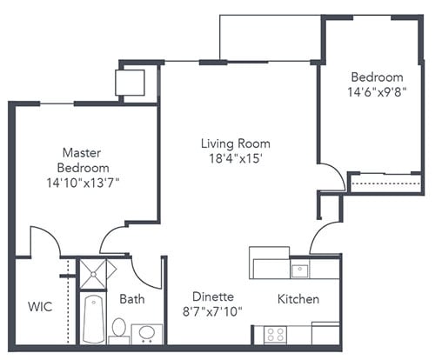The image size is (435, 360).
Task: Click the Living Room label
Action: (235, 143)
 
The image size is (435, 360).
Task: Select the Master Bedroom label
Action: (84, 159)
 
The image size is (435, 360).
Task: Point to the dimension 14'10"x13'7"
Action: (84, 183)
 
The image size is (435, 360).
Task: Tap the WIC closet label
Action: (39, 306)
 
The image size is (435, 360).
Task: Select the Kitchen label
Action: (298, 299)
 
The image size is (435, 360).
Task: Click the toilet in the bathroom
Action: (118, 329)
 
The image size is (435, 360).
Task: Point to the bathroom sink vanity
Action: (147, 334)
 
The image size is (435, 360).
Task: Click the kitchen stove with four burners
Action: (276, 334)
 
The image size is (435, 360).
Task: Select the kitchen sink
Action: (299, 270)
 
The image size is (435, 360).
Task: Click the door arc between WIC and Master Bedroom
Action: (42, 239)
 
